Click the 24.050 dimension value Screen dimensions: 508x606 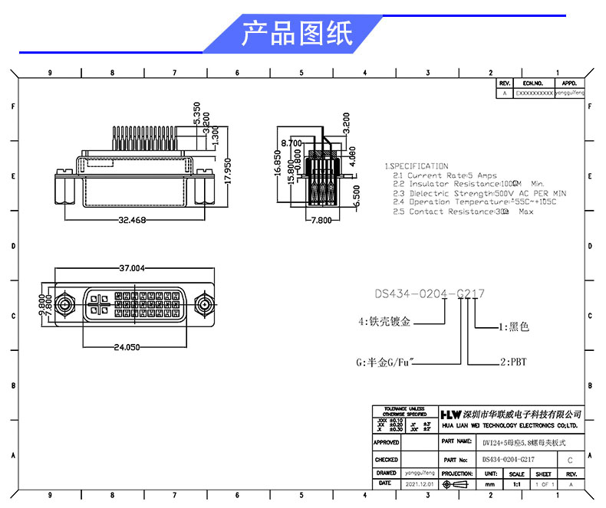click(x=127, y=347)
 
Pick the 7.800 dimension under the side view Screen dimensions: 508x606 click(x=320, y=221)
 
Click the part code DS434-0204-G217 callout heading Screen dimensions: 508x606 click(x=429, y=293)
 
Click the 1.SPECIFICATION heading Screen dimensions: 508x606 click(x=416, y=166)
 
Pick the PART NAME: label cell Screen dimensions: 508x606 click(x=457, y=441)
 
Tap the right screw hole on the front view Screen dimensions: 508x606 click(x=204, y=305)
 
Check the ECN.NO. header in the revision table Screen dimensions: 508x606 click(x=533, y=83)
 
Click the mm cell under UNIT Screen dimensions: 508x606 click(x=490, y=484)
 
